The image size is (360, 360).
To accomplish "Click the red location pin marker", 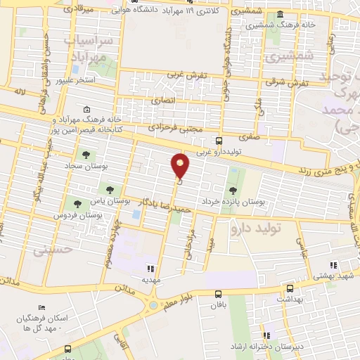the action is click(181, 166).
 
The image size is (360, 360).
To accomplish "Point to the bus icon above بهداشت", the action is click(290, 288).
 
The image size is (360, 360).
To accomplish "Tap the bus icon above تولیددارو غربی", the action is click(219, 141).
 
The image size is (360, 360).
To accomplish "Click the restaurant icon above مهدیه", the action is click(149, 268).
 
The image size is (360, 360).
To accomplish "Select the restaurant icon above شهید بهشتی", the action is click(334, 265).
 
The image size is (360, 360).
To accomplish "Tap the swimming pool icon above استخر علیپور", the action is click(75, 70).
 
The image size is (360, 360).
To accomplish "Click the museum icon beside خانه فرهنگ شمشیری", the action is click(281, 16).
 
